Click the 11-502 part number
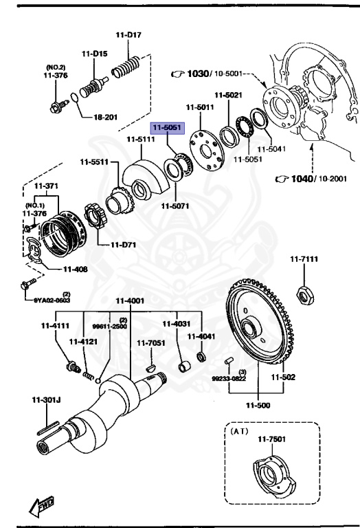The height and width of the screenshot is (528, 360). point(282,377)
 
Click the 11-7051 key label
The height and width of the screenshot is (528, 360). point(150,342)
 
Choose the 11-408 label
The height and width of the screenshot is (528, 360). point(75,269)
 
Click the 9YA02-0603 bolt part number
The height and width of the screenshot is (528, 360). point(49,300)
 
